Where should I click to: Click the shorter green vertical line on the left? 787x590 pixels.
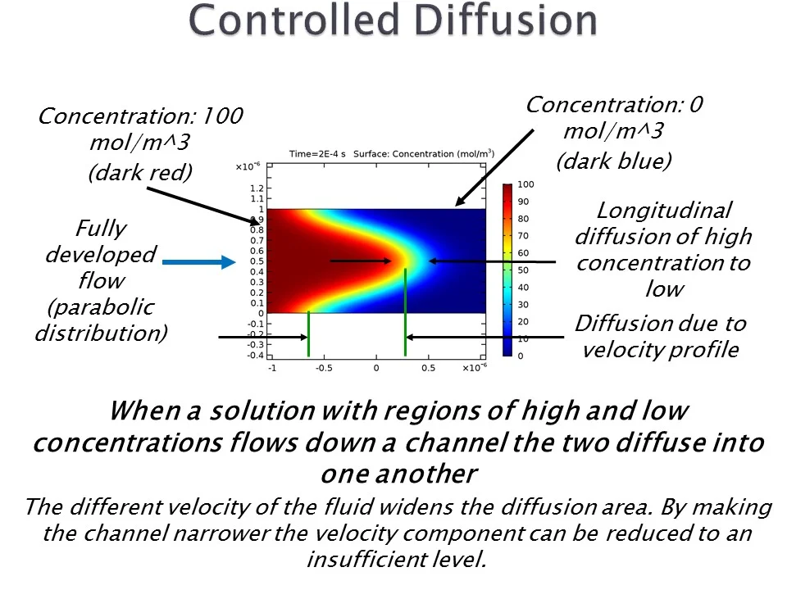tap(308, 334)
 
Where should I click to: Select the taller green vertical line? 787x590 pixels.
tap(405, 311)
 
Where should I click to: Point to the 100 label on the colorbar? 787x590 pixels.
tap(525, 184)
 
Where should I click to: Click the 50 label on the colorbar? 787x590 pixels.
tap(523, 270)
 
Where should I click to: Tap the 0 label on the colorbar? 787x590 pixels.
tap(520, 356)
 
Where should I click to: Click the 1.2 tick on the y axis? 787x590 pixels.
tap(257, 188)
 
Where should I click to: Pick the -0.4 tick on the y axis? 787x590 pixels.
tap(255, 355)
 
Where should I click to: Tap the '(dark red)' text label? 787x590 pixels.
tap(139, 172)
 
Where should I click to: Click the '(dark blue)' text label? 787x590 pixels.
tap(613, 161)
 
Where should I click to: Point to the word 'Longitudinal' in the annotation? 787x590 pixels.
tap(663, 211)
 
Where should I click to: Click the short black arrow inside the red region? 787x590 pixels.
tap(361, 261)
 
